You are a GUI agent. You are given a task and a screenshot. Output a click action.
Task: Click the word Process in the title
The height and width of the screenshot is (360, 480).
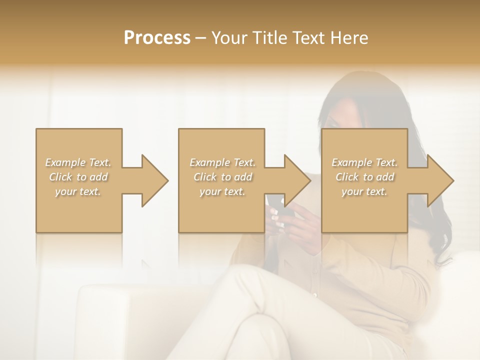157,37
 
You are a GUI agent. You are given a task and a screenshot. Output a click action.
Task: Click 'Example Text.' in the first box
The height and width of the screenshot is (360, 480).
78,162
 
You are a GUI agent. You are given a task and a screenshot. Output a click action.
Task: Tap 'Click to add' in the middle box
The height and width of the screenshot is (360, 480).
222,177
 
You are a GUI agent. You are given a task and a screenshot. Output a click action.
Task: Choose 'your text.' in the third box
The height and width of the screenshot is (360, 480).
364,191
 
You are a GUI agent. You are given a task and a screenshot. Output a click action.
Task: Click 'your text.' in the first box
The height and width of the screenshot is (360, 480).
78,191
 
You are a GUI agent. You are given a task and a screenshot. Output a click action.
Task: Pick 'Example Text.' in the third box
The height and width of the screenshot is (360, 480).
364,162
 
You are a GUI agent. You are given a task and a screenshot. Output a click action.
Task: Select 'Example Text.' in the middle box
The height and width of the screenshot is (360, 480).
222,162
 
